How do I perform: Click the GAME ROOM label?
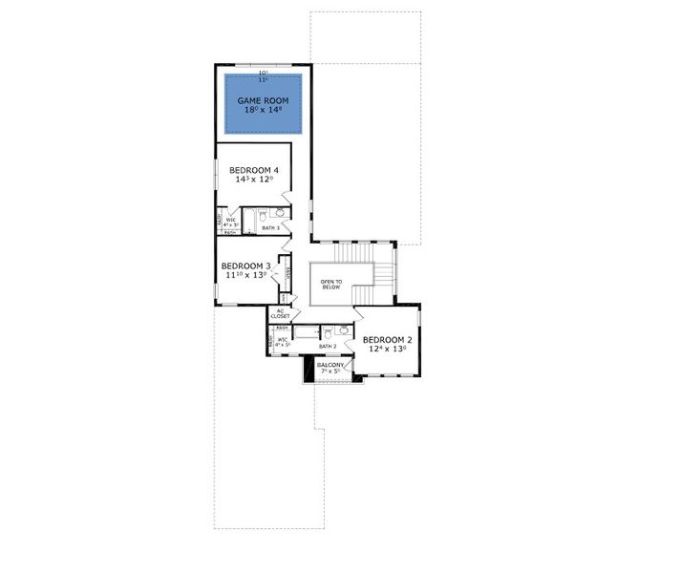point(263,99)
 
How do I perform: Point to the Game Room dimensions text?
point(263,111)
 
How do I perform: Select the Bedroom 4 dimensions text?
point(252,180)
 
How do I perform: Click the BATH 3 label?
point(270,228)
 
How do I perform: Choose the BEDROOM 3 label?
point(245,265)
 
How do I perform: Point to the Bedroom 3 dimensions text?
point(245,276)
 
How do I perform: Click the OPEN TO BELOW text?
point(332,284)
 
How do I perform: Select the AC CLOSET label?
point(281,313)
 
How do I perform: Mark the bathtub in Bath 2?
point(307,332)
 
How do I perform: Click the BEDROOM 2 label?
point(388,339)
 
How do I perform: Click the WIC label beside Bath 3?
point(231,221)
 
